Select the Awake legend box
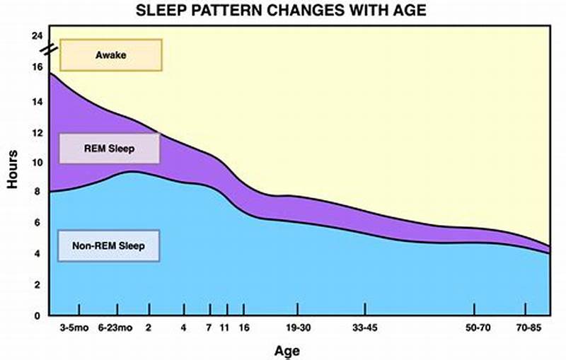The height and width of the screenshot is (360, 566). tap(111, 54)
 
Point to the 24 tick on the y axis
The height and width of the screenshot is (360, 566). tap(37, 35)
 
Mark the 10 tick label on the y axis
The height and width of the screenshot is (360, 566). tap(37, 162)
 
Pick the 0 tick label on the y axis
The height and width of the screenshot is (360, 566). tap(39, 315)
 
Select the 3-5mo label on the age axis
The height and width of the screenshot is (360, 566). tap(79, 327)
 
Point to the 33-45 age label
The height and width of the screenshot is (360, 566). tap(364, 327)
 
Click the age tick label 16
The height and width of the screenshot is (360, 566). tap(244, 327)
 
